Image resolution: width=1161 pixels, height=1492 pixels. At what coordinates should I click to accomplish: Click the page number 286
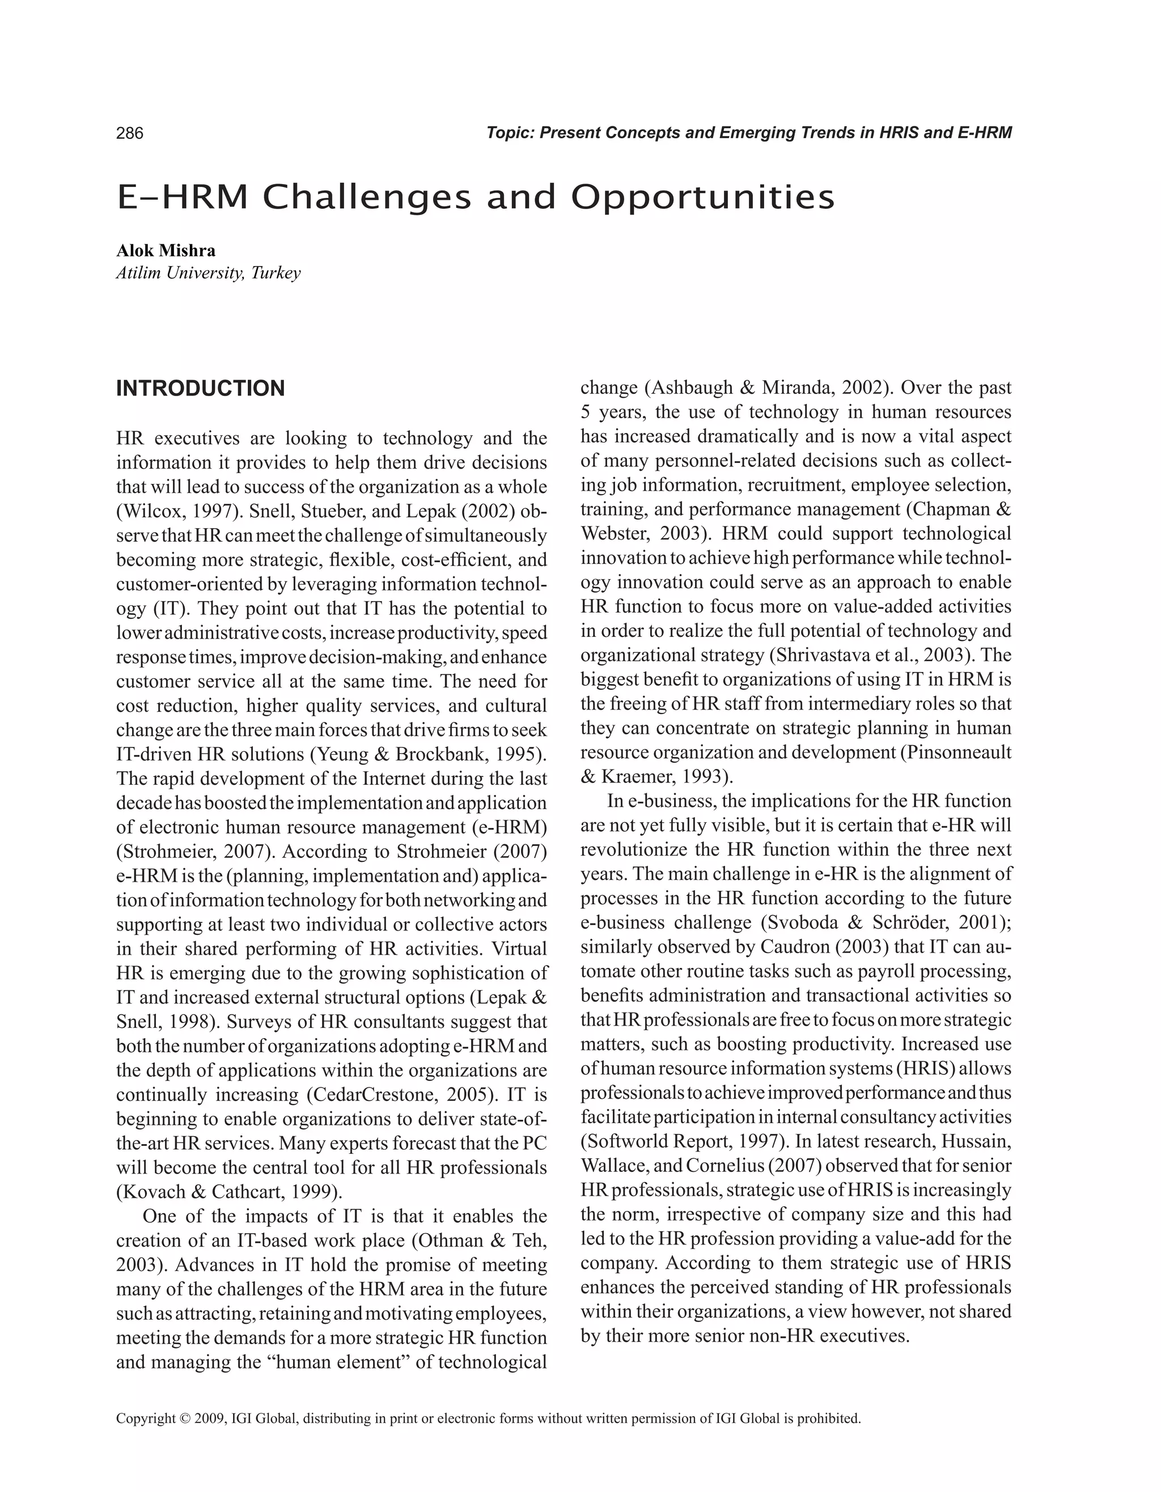tap(130, 133)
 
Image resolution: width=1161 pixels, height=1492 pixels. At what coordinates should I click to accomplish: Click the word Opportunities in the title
tap(702, 197)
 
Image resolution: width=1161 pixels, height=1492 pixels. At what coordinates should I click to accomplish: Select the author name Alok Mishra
tap(166, 250)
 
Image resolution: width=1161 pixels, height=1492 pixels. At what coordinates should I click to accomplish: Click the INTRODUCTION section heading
tap(200, 389)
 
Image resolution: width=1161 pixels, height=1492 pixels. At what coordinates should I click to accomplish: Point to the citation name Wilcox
tap(150, 511)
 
